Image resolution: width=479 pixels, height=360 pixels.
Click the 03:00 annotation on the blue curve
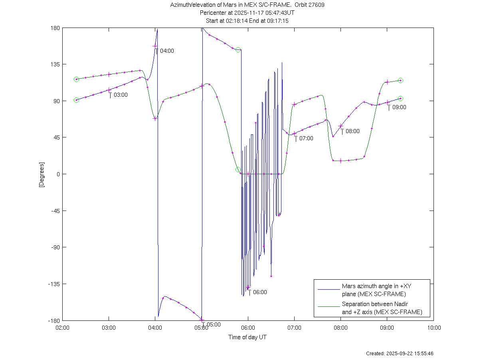point(121,95)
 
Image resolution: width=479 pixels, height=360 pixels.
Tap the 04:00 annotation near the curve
point(167,51)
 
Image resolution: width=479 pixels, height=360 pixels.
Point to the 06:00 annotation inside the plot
point(260,292)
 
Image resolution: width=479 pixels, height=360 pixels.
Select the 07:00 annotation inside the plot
point(306,139)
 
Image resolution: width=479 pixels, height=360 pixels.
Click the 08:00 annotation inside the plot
point(352,131)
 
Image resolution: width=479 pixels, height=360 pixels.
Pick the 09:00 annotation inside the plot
point(399,107)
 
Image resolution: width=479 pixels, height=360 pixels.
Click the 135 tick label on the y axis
point(55,64)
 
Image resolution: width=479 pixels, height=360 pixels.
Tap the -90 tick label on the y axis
point(55,247)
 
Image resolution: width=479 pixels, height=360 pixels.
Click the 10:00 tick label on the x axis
point(434,328)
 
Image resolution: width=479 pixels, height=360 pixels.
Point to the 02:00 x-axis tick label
point(62,328)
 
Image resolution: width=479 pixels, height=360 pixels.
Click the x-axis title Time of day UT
point(247,337)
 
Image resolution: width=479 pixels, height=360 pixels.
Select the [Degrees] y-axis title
point(41,174)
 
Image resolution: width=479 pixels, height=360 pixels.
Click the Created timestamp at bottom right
point(400,354)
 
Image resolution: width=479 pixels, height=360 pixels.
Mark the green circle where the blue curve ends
point(401,99)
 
